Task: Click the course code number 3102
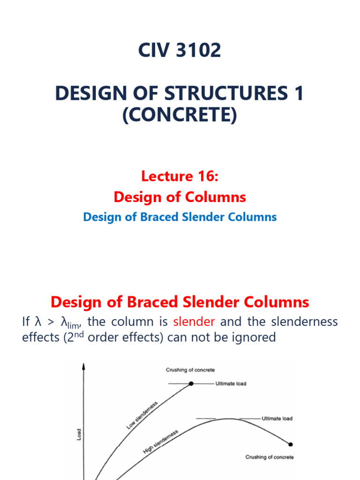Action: pyautogui.click(x=198, y=50)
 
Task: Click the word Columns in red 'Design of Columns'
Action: pyautogui.click(x=219, y=197)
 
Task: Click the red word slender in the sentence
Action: pyautogui.click(x=194, y=322)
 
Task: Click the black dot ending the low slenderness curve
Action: pyautogui.click(x=191, y=384)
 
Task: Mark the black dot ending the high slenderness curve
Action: pyautogui.click(x=291, y=444)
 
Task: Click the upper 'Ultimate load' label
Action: pyautogui.click(x=231, y=384)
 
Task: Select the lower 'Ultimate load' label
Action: pyautogui.click(x=277, y=418)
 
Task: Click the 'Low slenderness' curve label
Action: pyautogui.click(x=142, y=415)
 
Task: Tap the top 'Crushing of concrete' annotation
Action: pyautogui.click(x=190, y=370)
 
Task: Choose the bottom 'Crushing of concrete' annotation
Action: pyautogui.click(x=270, y=457)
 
